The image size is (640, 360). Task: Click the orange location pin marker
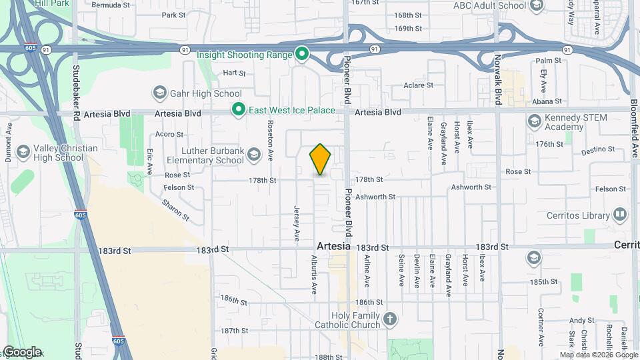321,159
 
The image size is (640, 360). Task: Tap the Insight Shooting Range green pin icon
302,53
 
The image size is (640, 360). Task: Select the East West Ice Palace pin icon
237,109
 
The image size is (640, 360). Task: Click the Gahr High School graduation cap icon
159,93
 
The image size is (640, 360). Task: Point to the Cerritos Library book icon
620,215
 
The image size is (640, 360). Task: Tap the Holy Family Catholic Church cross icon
391,321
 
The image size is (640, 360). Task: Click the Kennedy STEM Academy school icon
534,122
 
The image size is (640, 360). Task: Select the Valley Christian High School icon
23,153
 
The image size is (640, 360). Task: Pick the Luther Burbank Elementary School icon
253,155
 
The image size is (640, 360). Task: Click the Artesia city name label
333,246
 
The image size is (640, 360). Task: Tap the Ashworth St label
375,197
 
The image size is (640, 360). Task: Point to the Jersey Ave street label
296,223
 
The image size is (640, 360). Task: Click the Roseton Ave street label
271,140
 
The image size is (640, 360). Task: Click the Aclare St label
419,85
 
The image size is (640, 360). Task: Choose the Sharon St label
175,209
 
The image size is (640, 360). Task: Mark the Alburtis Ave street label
314,274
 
